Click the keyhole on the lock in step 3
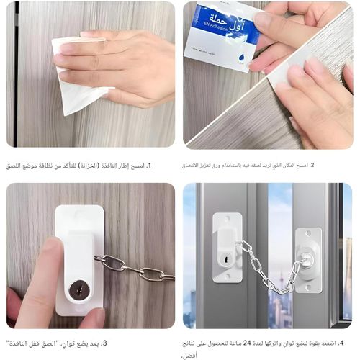click(76, 290)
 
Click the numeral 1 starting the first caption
click(168, 166)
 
